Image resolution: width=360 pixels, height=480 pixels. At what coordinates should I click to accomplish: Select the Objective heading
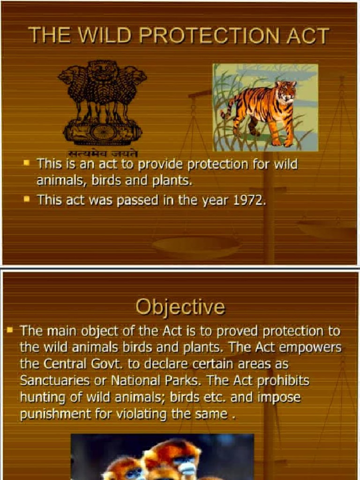(x=180, y=307)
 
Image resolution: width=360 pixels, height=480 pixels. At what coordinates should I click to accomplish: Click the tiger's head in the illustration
(x=285, y=91)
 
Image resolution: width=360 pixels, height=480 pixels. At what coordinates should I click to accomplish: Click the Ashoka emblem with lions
(x=102, y=101)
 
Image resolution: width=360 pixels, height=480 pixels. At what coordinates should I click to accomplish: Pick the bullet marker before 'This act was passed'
(x=27, y=199)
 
